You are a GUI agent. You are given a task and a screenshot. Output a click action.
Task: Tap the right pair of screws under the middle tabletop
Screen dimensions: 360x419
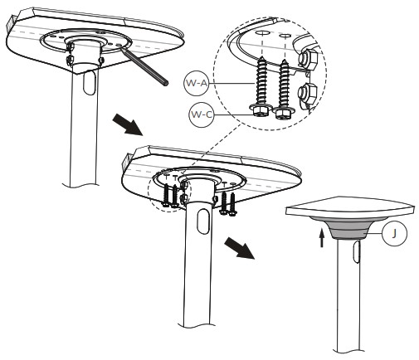[x=227, y=200]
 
